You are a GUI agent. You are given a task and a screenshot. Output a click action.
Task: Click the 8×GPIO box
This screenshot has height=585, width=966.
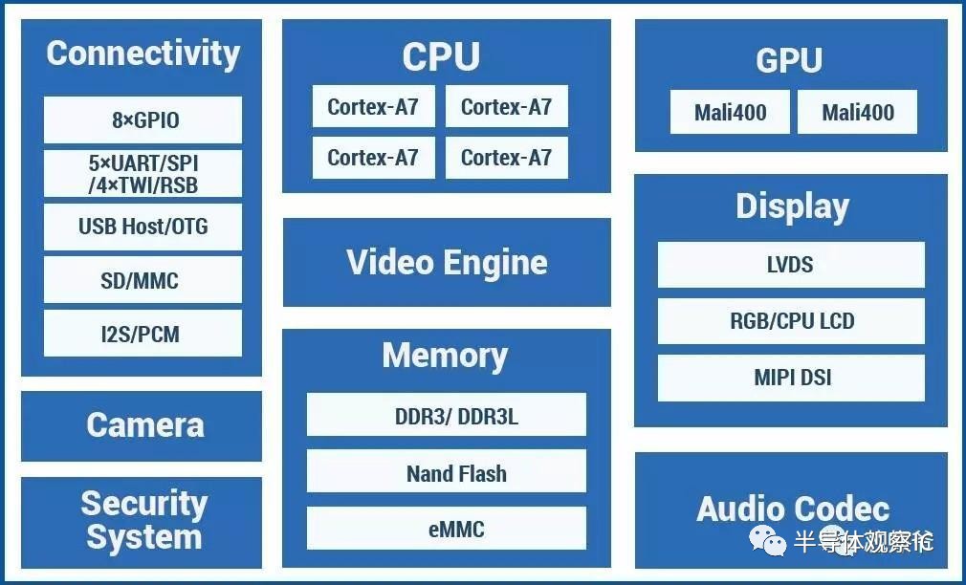[x=143, y=119]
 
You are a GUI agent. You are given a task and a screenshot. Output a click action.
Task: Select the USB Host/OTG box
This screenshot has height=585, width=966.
[x=143, y=227]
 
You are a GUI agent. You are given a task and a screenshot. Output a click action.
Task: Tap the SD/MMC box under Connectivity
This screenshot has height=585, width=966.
[x=143, y=280]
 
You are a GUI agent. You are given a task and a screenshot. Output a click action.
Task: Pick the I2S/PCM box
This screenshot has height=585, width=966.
[x=143, y=334]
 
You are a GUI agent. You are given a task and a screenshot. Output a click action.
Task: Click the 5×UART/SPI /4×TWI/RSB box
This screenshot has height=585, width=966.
[x=143, y=174]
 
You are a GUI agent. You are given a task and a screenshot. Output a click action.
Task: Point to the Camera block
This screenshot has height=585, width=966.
[x=142, y=426]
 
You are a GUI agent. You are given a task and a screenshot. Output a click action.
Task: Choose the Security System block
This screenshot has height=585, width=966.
[x=142, y=522]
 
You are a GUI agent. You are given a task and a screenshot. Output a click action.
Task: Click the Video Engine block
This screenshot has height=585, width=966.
[x=447, y=262]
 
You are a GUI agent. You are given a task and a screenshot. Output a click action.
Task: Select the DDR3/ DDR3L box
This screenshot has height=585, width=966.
[x=447, y=415]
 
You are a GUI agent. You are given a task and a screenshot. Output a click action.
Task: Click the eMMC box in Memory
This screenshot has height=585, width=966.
[x=447, y=528]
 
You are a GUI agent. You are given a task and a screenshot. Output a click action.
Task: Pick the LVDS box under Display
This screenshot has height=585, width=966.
[x=791, y=265]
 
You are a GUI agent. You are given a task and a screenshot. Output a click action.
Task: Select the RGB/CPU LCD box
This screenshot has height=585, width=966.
[x=791, y=321]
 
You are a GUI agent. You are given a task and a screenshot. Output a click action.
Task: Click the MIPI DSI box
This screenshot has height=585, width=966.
[x=791, y=378]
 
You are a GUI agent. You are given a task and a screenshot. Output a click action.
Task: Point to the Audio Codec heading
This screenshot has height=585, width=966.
[x=793, y=509]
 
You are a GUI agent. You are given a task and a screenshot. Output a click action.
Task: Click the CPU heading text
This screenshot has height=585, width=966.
[x=441, y=56]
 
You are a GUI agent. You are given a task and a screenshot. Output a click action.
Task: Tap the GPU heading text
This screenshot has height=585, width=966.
[x=789, y=59]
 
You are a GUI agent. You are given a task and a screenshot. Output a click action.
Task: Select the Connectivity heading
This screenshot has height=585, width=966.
[x=143, y=53]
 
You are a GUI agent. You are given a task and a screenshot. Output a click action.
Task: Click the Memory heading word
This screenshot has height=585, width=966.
[x=446, y=356]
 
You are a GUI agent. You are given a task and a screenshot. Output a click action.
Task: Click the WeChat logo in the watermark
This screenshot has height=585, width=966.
[x=768, y=540]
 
